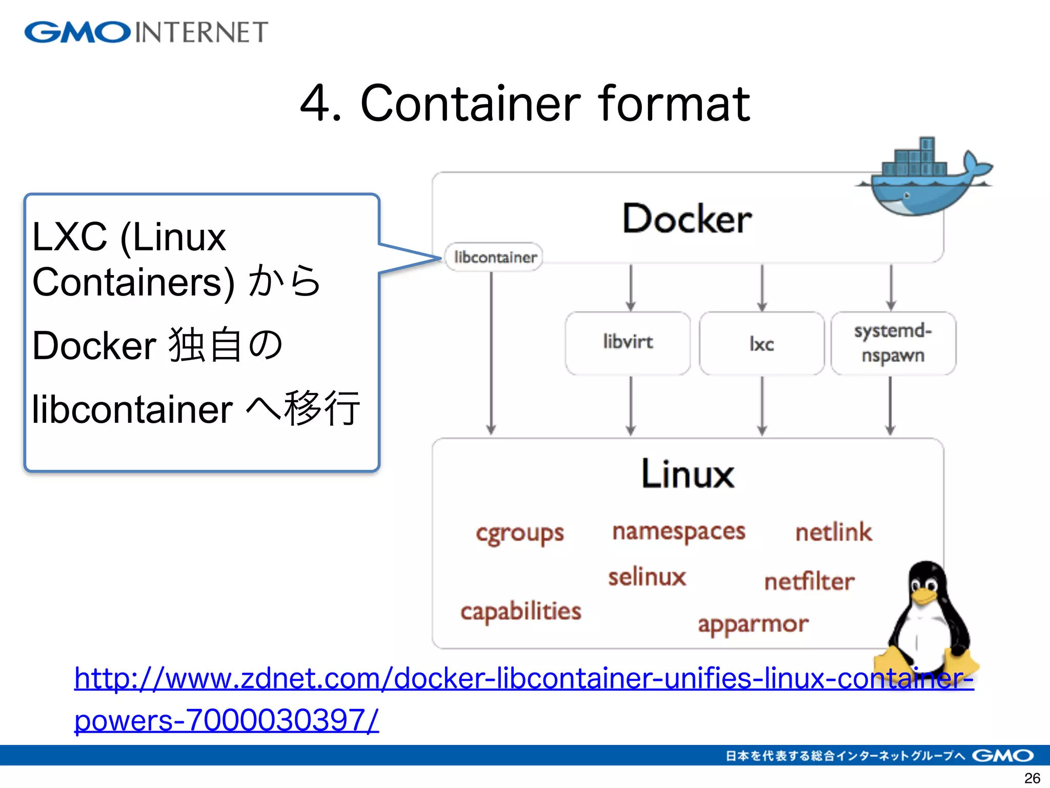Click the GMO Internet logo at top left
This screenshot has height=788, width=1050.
click(x=146, y=32)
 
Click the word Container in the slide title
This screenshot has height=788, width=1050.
click(x=470, y=104)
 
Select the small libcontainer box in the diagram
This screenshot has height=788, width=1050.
click(x=494, y=257)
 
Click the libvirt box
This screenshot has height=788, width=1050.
click(x=628, y=343)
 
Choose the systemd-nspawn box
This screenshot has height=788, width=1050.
click(x=893, y=343)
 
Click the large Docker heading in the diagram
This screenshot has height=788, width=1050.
click(x=687, y=220)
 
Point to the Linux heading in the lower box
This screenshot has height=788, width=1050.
click(x=688, y=474)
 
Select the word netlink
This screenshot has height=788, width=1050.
click(x=833, y=533)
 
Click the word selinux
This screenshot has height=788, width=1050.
click(x=647, y=578)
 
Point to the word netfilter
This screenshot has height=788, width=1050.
click(x=809, y=582)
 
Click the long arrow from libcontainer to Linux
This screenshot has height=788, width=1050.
click(x=491, y=354)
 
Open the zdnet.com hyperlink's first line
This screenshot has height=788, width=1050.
click(x=523, y=679)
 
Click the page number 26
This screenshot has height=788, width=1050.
click(x=1032, y=778)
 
